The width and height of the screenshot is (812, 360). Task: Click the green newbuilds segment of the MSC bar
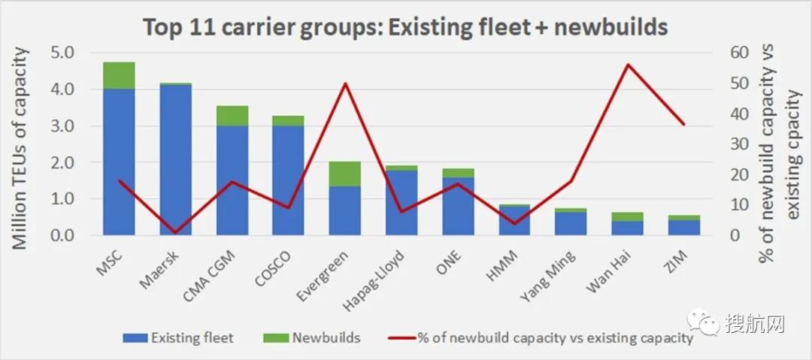click(x=119, y=75)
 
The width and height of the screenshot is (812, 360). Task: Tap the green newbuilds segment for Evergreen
click(x=345, y=174)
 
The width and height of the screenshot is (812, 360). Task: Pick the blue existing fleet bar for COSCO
click(x=289, y=180)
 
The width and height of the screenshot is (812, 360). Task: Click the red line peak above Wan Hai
click(x=627, y=65)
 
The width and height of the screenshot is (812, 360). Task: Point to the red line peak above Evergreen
click(x=345, y=83)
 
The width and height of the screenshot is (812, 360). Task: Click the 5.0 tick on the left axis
click(x=65, y=53)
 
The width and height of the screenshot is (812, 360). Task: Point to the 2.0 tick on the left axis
click(x=65, y=163)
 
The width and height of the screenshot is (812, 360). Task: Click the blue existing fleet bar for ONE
click(x=458, y=207)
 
